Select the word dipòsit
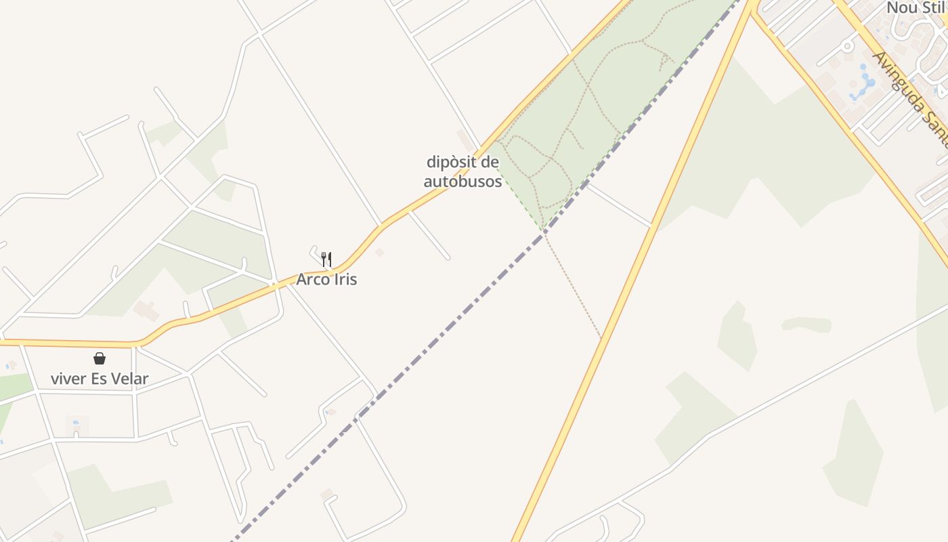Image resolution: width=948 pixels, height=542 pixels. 462,162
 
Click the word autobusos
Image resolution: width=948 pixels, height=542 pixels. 462,182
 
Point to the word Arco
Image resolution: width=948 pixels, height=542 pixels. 312,279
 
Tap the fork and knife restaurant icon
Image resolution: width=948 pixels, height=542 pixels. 326,259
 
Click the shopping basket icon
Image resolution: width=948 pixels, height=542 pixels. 100,358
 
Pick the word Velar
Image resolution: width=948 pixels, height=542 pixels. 130,379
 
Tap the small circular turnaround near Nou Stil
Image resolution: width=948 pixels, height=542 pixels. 846,46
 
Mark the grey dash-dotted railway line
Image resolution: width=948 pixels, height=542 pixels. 433,346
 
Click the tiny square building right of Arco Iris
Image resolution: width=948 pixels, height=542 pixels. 379,252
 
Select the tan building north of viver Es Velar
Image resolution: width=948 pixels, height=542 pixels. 146,311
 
